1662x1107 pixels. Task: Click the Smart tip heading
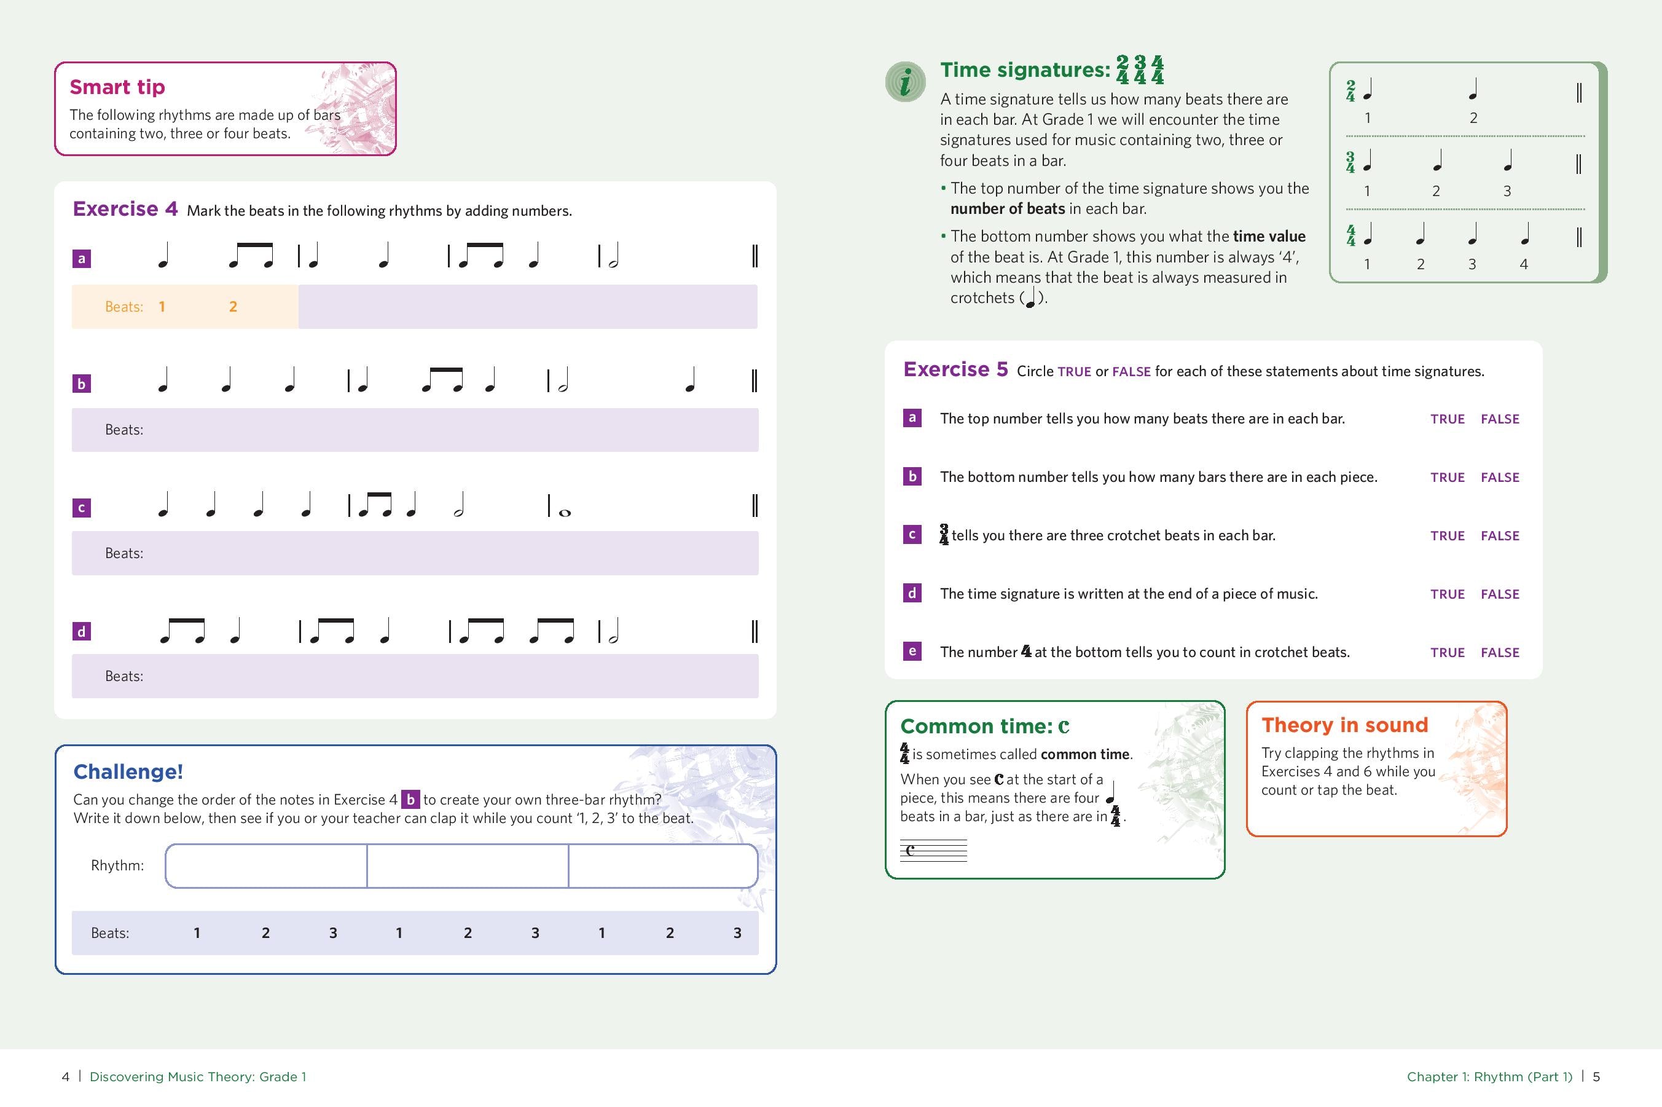point(117,87)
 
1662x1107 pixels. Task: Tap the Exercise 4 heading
point(125,209)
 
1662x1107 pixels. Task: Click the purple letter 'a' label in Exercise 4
point(82,258)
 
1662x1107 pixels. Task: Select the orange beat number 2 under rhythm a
point(233,306)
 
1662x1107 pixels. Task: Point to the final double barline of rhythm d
point(755,631)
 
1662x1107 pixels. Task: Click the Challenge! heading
point(128,771)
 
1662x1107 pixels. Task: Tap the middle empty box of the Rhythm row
point(467,865)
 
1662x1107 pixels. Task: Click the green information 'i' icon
point(905,82)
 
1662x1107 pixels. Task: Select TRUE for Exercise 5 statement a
point(1447,419)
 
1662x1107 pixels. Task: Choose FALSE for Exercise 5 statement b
point(1500,477)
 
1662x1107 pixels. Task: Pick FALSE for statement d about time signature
point(1500,594)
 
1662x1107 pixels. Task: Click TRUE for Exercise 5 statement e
point(1447,652)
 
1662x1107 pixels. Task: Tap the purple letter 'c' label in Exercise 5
point(912,534)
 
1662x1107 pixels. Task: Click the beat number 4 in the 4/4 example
point(1524,264)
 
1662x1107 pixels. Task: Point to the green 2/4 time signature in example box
point(1350,91)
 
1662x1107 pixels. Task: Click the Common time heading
point(984,726)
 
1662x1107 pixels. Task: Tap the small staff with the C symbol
point(933,851)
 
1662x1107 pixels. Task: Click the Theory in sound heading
point(1344,725)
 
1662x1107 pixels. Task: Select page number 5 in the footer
point(1596,1077)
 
